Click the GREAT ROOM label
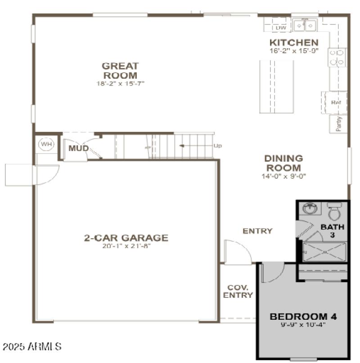(x=120, y=71)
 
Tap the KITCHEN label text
(x=294, y=43)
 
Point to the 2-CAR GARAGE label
(x=126, y=238)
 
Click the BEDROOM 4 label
(x=302, y=316)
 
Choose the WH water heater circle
(x=45, y=145)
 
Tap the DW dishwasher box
(x=281, y=28)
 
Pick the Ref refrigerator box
(x=335, y=103)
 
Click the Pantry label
(x=339, y=123)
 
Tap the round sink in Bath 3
(x=310, y=209)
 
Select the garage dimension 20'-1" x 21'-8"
(x=126, y=247)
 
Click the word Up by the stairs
(x=218, y=146)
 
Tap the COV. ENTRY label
(x=238, y=291)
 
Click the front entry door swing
(x=236, y=252)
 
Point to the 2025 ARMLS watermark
(x=31, y=347)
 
